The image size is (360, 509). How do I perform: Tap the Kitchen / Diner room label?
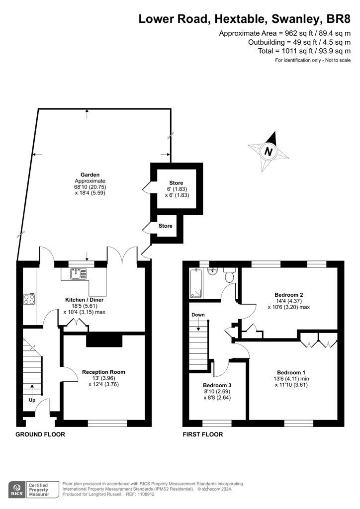point(85,300)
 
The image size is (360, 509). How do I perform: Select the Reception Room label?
point(103,372)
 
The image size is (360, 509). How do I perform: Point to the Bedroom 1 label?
point(291,372)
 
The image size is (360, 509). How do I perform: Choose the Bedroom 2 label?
point(289,295)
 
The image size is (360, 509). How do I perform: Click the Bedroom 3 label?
point(217,385)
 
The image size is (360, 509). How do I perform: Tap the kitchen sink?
point(78,274)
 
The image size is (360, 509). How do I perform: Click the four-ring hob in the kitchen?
point(29,299)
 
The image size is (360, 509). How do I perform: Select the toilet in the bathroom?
point(230,275)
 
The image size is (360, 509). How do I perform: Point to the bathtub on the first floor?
point(196,283)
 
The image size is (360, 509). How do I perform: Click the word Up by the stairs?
point(32,400)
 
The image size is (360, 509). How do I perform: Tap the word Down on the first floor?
point(198,315)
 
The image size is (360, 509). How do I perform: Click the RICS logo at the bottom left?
point(16,490)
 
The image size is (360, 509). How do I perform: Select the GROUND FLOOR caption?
point(40,434)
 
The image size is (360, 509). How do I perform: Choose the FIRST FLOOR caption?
point(203,434)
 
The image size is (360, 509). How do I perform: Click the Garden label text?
point(90,174)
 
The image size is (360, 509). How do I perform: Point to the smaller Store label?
point(166,226)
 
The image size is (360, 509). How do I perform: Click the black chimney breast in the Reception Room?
point(104,340)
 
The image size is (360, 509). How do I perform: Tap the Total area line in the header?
point(304,51)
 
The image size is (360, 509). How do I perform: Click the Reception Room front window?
point(107,424)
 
